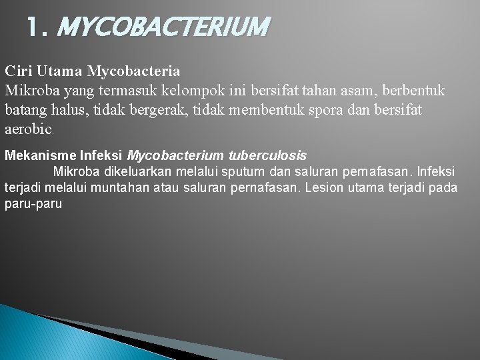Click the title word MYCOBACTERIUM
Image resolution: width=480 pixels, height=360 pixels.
tap(164, 27)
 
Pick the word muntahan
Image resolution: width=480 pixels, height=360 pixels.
tap(124, 188)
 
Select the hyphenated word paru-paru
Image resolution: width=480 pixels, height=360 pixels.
tap(33, 204)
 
